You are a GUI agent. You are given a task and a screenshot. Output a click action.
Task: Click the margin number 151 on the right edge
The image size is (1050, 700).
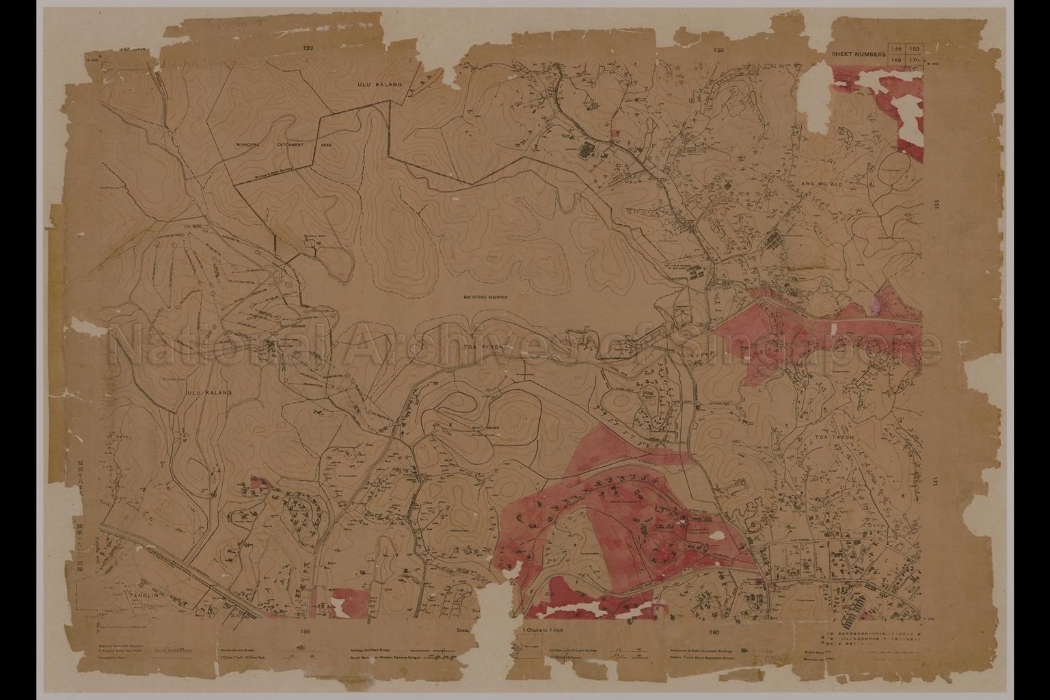pyautogui.click(x=936, y=204)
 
